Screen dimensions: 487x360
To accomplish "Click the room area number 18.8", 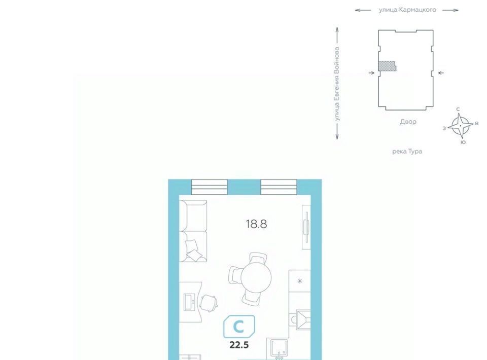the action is (256, 224).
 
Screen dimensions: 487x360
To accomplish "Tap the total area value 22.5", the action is (239, 345).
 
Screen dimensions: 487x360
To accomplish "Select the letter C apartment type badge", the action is (239, 327).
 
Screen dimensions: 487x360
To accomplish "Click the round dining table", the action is (256, 277).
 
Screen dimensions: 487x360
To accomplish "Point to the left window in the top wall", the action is (210, 187).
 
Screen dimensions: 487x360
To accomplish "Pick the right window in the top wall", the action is (279, 187).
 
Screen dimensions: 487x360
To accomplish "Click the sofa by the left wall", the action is (193, 231).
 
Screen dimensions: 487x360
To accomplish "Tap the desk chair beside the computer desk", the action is (208, 303).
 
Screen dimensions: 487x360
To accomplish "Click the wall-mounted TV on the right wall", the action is (306, 227).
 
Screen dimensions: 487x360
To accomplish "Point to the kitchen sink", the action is (279, 348).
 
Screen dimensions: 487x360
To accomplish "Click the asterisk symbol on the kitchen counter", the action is (300, 281).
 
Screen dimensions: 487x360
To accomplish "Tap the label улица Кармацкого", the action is (407, 10).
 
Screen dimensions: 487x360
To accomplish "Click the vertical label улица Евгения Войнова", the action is (337, 84).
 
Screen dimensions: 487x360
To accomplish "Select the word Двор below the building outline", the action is (408, 122).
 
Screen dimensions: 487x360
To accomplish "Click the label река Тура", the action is (407, 152).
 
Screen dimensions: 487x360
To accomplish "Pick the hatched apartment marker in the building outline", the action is (387, 66).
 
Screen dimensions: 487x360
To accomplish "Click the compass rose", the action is (460, 126).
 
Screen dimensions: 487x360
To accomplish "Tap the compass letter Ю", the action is (463, 142).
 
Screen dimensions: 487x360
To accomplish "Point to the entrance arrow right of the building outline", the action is (441, 73).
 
